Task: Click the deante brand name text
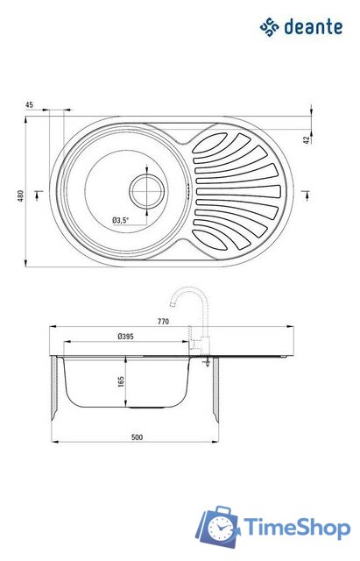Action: [314, 27]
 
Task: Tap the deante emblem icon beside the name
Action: [269, 27]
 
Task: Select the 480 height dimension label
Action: [21, 195]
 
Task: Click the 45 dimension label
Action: [29, 105]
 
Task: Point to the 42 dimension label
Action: [307, 139]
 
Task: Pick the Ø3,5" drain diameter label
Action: [120, 220]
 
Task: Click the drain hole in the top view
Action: [147, 191]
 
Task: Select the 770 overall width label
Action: [163, 322]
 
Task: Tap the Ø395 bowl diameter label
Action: [125, 337]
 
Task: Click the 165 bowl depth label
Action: [121, 381]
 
